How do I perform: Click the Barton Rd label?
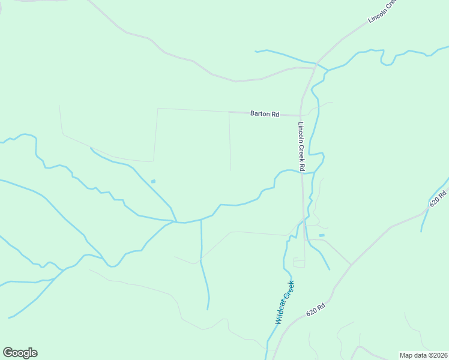click(x=265, y=113)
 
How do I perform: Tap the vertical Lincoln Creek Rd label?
click(x=301, y=147)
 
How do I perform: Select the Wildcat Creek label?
click(x=285, y=302)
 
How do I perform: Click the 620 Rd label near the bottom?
click(x=315, y=310)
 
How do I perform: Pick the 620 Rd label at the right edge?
click(x=439, y=199)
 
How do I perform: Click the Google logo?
click(x=20, y=353)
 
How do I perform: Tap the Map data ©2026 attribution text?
click(x=423, y=355)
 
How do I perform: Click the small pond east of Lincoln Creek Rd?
click(x=322, y=235)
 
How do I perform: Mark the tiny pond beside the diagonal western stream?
click(x=153, y=181)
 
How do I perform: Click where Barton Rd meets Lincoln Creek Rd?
click(x=300, y=115)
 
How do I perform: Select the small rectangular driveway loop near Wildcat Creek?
click(x=298, y=262)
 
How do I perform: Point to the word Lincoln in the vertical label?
click(x=301, y=134)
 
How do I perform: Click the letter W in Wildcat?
click(x=279, y=321)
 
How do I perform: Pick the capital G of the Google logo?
click(x=8, y=353)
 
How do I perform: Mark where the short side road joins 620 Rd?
click(x=351, y=265)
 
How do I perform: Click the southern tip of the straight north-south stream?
click(x=208, y=310)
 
